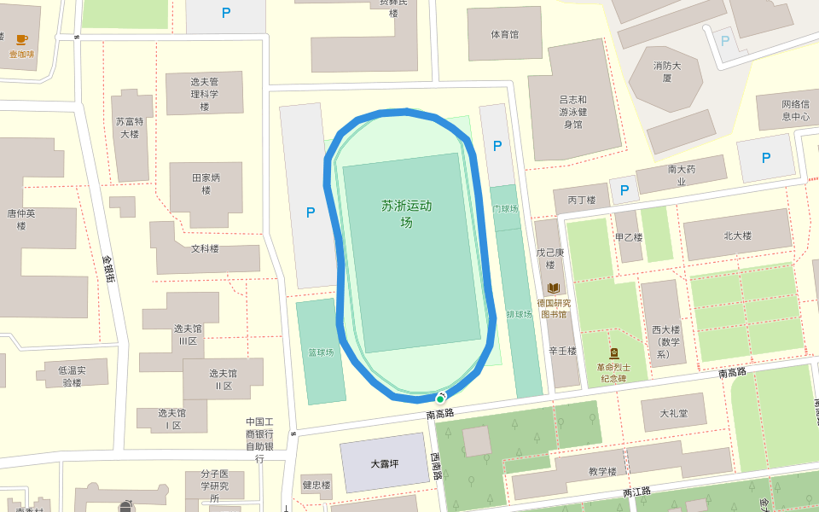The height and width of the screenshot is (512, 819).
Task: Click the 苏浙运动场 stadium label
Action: tap(407, 213)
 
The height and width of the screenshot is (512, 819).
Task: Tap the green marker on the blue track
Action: tap(440, 399)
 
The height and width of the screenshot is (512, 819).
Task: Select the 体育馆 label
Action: tap(504, 34)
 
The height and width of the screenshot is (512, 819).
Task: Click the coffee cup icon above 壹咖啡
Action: tap(21, 39)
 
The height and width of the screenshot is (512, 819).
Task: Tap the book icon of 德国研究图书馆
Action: tap(554, 288)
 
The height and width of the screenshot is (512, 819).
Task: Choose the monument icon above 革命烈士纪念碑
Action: tap(613, 353)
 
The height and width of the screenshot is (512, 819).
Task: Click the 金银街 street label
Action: tap(109, 269)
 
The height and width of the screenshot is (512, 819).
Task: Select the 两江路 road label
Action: tap(636, 492)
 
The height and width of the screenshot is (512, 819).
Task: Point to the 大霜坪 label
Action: tap(385, 464)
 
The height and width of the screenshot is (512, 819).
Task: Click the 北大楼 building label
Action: tap(737, 236)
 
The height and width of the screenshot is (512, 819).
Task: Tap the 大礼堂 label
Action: tap(673, 414)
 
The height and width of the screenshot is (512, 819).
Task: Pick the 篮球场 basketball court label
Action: tap(321, 352)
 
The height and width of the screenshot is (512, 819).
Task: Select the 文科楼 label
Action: tap(205, 248)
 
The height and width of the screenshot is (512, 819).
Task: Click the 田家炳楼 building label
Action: tap(206, 183)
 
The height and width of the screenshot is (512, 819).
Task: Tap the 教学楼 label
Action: tap(601, 471)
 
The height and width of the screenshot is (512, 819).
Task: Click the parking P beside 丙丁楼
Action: tap(624, 190)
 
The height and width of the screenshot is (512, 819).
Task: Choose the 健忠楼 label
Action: tap(316, 486)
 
